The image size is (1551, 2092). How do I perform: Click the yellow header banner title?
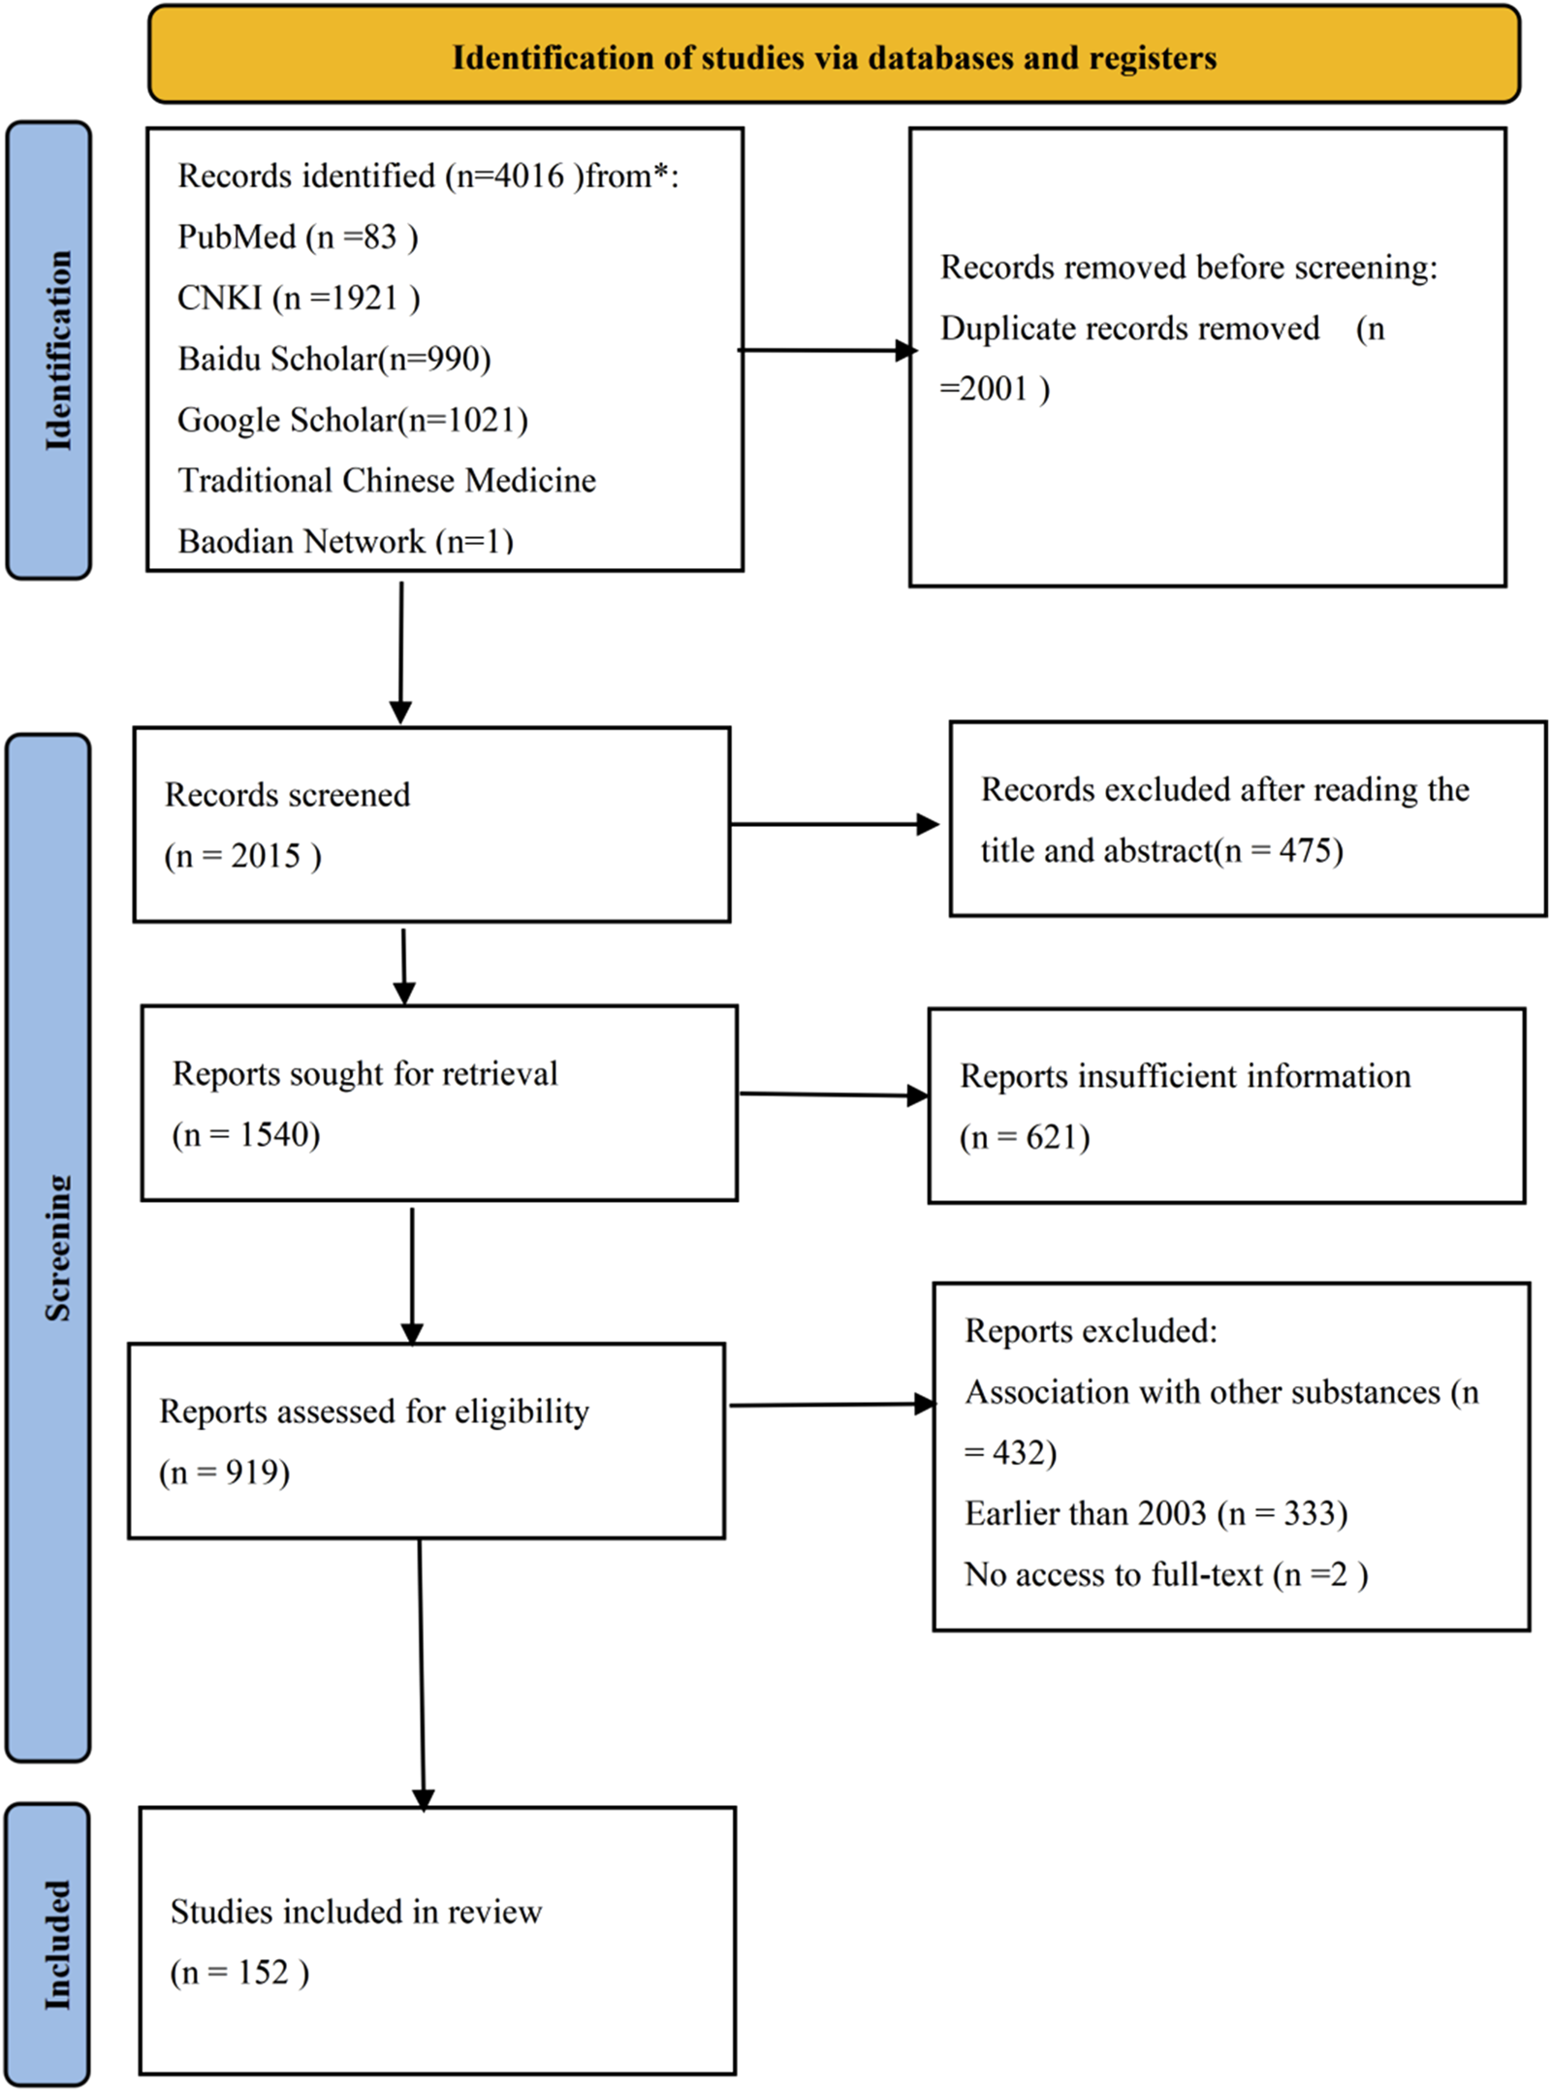(834, 57)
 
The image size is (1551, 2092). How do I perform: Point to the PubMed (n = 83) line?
(298, 237)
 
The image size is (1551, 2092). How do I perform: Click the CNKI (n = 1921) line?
(299, 298)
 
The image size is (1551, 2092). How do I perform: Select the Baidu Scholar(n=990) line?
(334, 359)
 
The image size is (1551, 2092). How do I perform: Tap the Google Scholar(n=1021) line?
(353, 420)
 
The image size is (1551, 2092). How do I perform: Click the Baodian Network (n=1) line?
(345, 541)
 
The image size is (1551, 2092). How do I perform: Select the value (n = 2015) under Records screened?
(242, 856)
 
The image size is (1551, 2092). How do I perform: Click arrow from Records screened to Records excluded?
(834, 824)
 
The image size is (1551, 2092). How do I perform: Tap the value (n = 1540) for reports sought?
(246, 1134)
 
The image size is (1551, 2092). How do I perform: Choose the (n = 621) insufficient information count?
(1025, 1137)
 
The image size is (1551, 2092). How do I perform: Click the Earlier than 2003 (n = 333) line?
(1155, 1513)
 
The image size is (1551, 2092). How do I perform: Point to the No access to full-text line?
(1165, 1574)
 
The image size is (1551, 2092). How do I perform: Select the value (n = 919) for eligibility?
(225, 1473)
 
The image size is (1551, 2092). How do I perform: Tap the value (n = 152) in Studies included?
(239, 1973)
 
